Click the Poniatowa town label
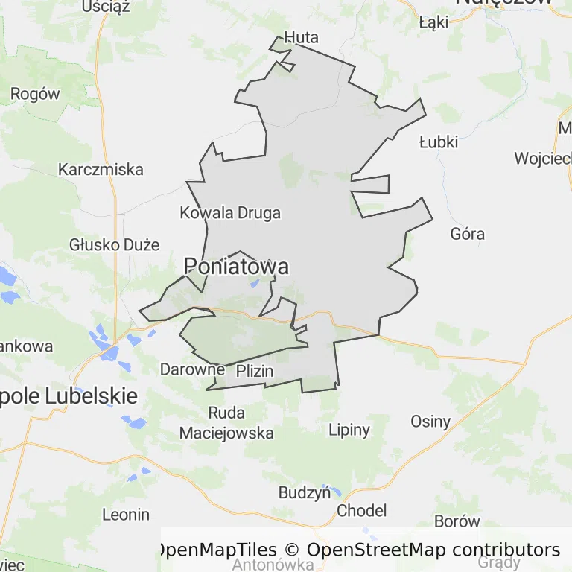(x=236, y=266)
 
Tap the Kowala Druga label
(x=230, y=213)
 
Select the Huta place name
(x=302, y=37)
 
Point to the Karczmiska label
(x=101, y=169)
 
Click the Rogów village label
(x=35, y=94)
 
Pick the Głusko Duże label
(x=115, y=244)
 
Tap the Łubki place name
(x=438, y=142)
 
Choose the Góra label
(x=468, y=234)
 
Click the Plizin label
(x=255, y=371)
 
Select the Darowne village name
(x=192, y=369)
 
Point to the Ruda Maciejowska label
(x=226, y=422)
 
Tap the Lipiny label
(x=349, y=429)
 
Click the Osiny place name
(x=430, y=422)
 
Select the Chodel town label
(x=362, y=510)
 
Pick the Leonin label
(x=126, y=514)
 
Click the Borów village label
(x=457, y=521)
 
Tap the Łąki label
(x=433, y=22)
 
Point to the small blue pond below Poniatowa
(x=255, y=283)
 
